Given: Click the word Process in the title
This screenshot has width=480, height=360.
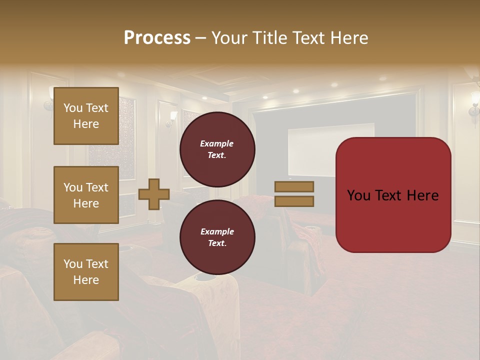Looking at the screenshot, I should click(157, 38).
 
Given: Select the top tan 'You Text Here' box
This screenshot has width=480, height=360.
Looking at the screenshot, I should click(86, 116).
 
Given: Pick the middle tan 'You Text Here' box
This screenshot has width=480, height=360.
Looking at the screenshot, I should click(86, 195).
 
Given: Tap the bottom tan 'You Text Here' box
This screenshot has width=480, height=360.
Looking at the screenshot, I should click(86, 272).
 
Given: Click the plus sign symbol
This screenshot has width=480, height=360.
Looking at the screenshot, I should click(153, 194).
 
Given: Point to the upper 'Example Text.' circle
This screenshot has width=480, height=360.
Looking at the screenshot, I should click(217, 149).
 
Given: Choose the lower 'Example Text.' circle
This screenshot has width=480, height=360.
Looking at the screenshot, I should click(217, 237).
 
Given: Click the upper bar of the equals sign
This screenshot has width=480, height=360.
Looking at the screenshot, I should click(294, 186).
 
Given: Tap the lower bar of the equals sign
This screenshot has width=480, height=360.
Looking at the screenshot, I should click(294, 201).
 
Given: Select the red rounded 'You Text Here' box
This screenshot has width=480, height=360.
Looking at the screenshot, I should click(393, 195).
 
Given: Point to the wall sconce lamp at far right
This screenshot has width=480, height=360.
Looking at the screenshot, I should click(473, 105).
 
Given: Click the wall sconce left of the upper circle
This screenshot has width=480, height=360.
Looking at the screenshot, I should click(172, 118).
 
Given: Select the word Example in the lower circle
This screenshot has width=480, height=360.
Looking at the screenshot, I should click(217, 231).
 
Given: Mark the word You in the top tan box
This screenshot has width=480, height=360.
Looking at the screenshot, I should click(72, 108).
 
